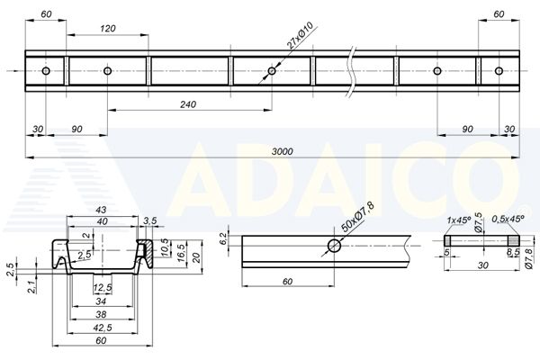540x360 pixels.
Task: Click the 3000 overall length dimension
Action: tap(282, 151)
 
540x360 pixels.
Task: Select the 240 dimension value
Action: tap(188, 104)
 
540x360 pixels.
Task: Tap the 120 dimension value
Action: tap(108, 28)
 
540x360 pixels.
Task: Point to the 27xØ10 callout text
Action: tap(300, 35)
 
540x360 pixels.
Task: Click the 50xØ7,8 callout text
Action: tap(356, 217)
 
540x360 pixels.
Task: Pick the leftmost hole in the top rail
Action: tap(46, 71)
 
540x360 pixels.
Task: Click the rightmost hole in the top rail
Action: tap(499, 71)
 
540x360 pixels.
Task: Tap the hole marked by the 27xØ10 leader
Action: tap(272, 71)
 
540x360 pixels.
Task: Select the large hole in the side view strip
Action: tap(334, 246)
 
